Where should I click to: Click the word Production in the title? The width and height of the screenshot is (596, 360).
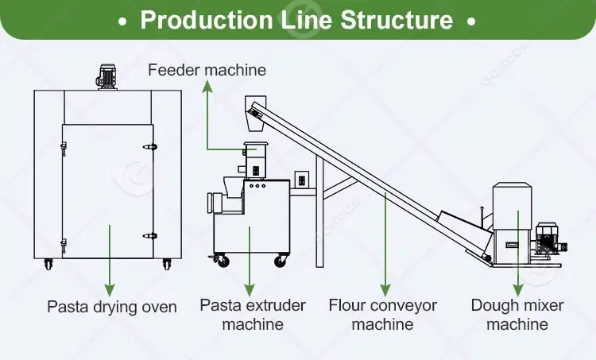click(x=207, y=19)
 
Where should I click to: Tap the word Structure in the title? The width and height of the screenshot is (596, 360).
click(x=397, y=19)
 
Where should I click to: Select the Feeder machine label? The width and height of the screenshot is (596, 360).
click(x=207, y=70)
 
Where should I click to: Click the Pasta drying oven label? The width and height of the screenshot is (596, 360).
click(x=112, y=307)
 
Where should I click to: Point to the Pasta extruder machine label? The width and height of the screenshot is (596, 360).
click(x=253, y=315)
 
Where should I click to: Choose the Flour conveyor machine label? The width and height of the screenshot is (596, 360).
click(x=382, y=315)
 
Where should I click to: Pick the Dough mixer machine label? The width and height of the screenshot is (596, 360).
click(x=517, y=315)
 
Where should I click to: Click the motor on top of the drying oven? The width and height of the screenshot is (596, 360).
click(x=106, y=77)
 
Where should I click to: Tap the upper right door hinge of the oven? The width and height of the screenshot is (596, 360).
click(x=150, y=147)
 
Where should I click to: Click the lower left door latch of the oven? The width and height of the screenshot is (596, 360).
click(x=64, y=246)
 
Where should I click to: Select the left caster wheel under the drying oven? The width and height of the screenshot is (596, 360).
click(x=48, y=264)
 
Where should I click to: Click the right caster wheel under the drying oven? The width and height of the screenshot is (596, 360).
click(x=167, y=264)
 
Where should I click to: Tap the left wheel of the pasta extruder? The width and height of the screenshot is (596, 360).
click(x=222, y=261)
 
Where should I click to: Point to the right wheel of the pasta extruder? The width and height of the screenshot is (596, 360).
click(x=281, y=261)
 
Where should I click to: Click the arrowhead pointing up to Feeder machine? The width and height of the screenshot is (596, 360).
click(x=207, y=87)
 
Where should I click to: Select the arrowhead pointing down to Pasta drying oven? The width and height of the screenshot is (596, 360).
click(x=110, y=290)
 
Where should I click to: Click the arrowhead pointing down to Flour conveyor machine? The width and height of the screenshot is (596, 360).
click(x=385, y=290)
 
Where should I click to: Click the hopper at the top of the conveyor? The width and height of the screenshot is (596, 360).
click(x=255, y=114)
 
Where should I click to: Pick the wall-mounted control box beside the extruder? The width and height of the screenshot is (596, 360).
click(x=302, y=179)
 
